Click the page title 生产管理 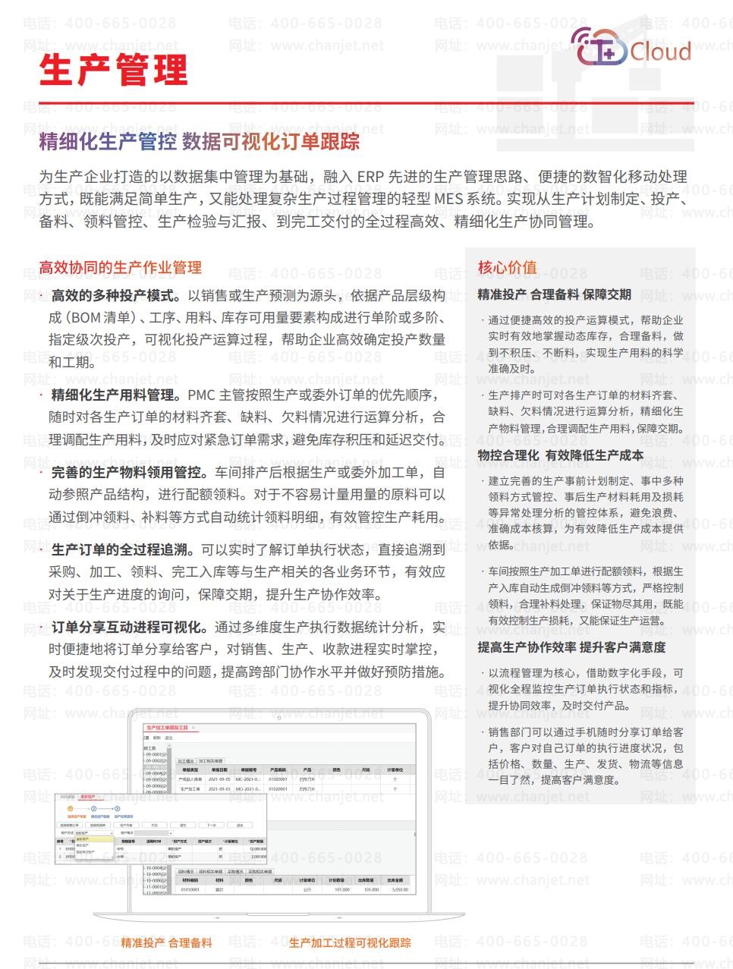113,69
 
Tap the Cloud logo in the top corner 631,48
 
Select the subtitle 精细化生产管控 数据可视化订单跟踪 199,142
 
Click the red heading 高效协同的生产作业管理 120,267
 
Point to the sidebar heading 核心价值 507,267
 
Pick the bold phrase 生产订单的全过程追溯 121,549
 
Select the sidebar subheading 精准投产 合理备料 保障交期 554,294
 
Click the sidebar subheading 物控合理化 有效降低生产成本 560,455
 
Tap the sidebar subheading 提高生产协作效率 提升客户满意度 571,647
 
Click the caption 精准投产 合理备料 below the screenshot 166,942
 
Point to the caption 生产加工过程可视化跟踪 350,942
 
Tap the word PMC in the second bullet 201,395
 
